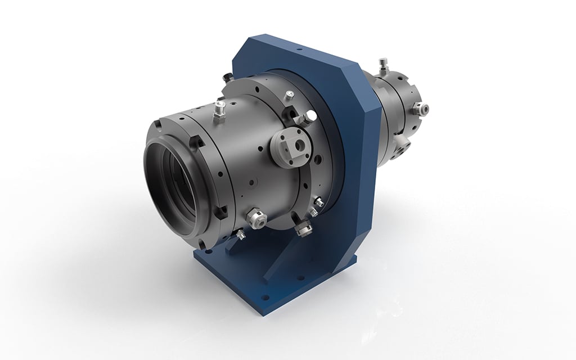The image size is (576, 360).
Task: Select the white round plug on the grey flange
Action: tap(309, 117)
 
